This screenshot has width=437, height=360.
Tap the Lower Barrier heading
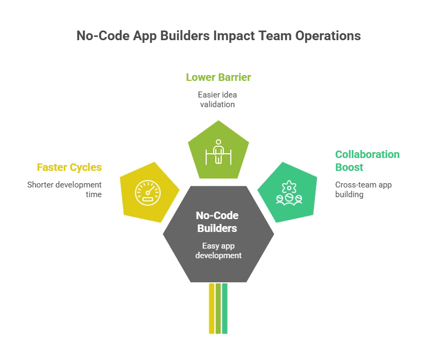tap(218, 77)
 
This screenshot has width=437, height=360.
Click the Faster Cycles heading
tap(69, 168)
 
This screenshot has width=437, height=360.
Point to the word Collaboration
tap(367, 154)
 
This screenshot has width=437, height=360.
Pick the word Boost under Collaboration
tap(349, 167)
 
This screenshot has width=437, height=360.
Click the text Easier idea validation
tap(217, 100)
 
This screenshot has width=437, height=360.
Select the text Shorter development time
tap(64, 189)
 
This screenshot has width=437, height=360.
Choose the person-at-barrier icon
tap(217, 152)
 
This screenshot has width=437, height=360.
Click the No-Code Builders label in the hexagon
tap(217, 222)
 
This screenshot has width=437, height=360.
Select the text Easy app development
tap(218, 251)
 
